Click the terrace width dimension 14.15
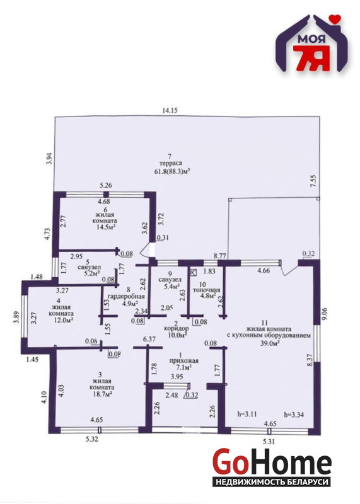coord(170,111)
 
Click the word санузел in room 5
coord(89,267)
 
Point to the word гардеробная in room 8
coord(126,296)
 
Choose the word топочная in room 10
coord(206,290)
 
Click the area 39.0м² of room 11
coord(270,343)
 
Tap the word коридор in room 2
coord(177,329)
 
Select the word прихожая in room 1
coord(180,360)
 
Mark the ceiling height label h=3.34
coord(294,415)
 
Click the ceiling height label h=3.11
coord(247,415)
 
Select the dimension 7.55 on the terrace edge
coord(315,181)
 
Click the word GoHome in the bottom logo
coord(272,462)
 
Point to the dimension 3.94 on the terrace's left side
coord(50,159)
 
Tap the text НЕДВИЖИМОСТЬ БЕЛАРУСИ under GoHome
coord(272,482)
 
